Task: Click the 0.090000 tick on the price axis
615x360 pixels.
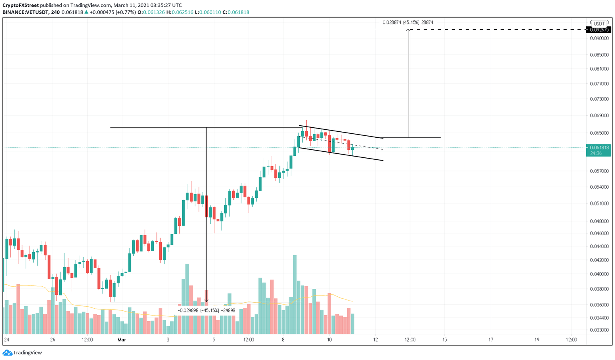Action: [x=599, y=38]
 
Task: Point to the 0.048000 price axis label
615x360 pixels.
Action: [x=599, y=221]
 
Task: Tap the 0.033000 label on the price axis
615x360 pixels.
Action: [x=599, y=330]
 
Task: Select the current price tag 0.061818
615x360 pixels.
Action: [x=599, y=148]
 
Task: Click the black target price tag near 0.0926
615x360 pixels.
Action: [x=599, y=30]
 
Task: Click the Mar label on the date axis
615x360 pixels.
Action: [x=122, y=340]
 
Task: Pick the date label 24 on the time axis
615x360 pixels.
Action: [x=6, y=340]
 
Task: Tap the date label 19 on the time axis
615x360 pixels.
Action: [x=537, y=340]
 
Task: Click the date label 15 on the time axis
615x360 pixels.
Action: [x=444, y=340]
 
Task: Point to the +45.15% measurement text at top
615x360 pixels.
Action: [x=408, y=23]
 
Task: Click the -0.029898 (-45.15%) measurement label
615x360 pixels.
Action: [x=206, y=310]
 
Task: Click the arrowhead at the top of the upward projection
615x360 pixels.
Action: [x=408, y=30]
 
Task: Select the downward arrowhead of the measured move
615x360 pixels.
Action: [x=206, y=300]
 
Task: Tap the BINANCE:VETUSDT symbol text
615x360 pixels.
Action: [x=26, y=12]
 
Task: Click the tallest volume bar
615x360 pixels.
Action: [x=295, y=294]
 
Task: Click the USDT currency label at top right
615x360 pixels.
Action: [x=599, y=24]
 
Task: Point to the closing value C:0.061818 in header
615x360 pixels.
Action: [x=237, y=12]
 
